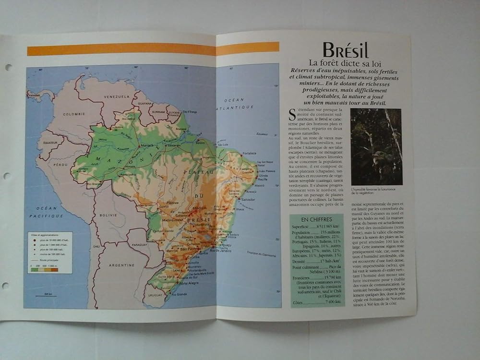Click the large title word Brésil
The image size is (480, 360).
coord(345,50)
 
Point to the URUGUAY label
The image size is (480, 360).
coord(155,295)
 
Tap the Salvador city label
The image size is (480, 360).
coord(248,199)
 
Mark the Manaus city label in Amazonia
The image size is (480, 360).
coord(146,145)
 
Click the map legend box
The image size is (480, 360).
coord(49,252)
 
